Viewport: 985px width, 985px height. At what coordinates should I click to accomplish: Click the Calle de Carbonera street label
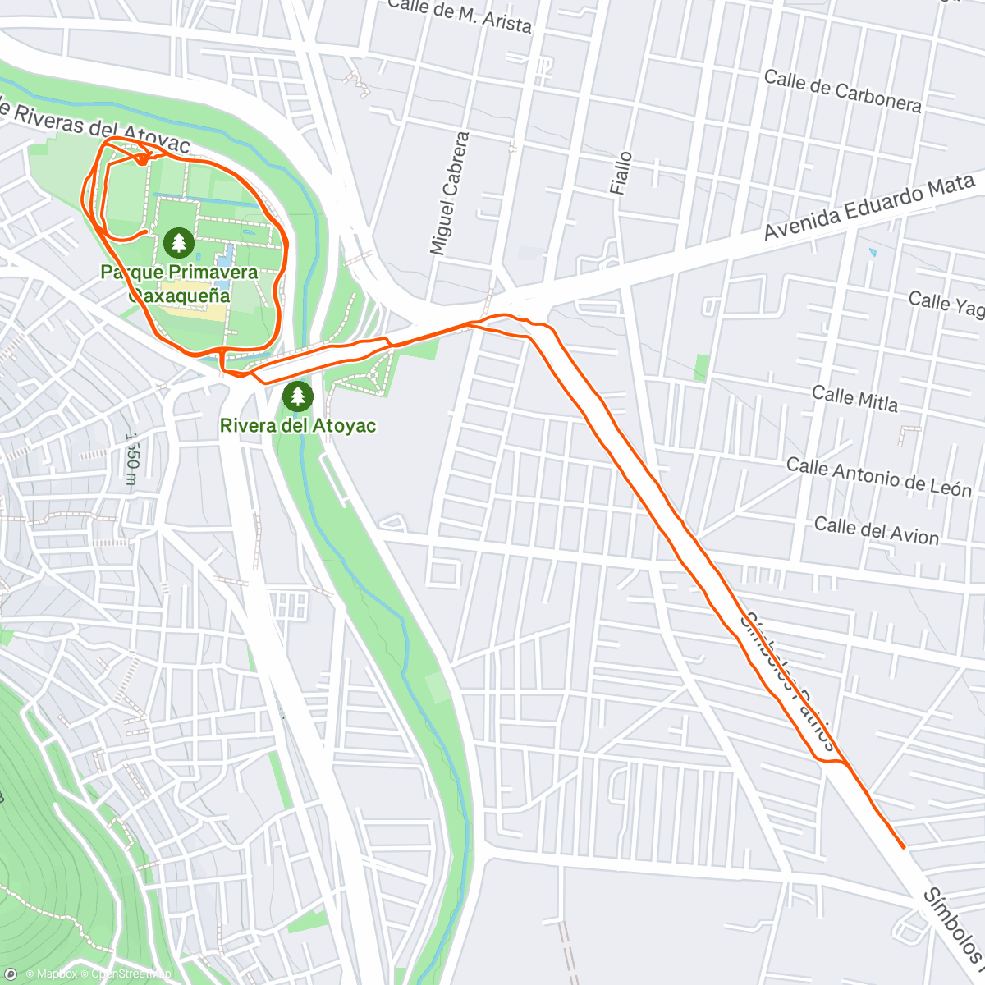click(x=842, y=91)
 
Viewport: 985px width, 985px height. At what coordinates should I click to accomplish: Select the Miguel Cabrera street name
click(x=450, y=193)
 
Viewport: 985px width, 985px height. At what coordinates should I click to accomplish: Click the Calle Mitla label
click(x=854, y=399)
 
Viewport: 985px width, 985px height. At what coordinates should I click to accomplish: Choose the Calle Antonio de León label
click(x=878, y=478)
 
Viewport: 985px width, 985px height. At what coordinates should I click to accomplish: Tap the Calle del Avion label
click(x=876, y=531)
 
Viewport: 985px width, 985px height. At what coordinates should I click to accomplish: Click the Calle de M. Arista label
click(x=460, y=16)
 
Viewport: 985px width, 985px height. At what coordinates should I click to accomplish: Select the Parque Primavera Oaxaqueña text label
click(x=179, y=283)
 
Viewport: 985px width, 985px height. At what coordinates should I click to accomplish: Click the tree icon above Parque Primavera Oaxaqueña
click(x=178, y=242)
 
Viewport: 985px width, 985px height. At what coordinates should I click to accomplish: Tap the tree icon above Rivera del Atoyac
click(x=297, y=396)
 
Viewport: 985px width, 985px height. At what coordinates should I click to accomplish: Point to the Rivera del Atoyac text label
click(x=297, y=425)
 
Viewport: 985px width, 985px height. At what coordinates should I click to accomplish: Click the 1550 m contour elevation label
click(x=131, y=450)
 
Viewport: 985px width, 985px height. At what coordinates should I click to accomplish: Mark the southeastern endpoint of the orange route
click(x=903, y=846)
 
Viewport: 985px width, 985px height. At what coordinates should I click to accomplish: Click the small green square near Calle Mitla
click(x=700, y=368)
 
